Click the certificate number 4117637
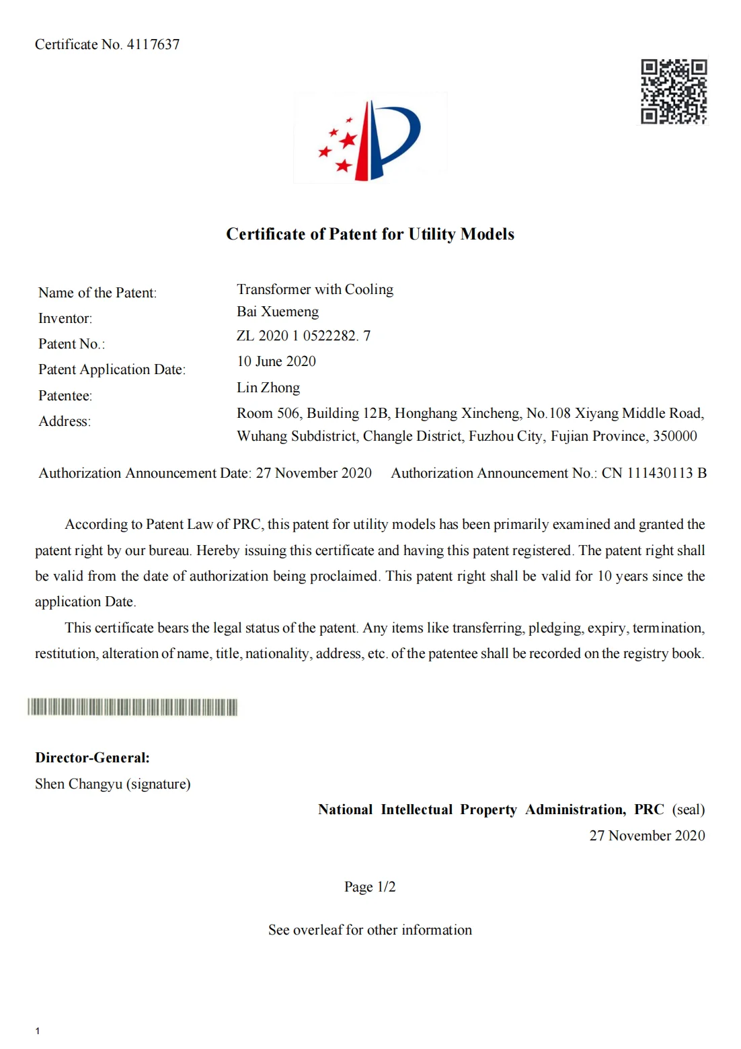(x=153, y=44)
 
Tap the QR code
(x=673, y=92)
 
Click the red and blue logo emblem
(x=370, y=139)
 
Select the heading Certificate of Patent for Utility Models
(x=370, y=234)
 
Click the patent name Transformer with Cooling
(x=315, y=289)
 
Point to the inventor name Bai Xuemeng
(x=278, y=312)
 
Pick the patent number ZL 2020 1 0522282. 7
(x=303, y=336)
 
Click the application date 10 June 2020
(x=276, y=361)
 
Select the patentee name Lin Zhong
(x=268, y=388)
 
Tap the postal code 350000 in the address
(x=674, y=436)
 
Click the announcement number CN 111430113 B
(x=654, y=473)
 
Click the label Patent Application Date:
(x=112, y=369)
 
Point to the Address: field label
(x=65, y=421)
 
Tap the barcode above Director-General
(x=132, y=707)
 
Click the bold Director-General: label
(x=92, y=758)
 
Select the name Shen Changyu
(x=79, y=784)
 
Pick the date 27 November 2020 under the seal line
(x=647, y=836)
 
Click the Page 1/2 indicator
(x=370, y=887)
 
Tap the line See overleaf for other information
(x=370, y=930)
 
